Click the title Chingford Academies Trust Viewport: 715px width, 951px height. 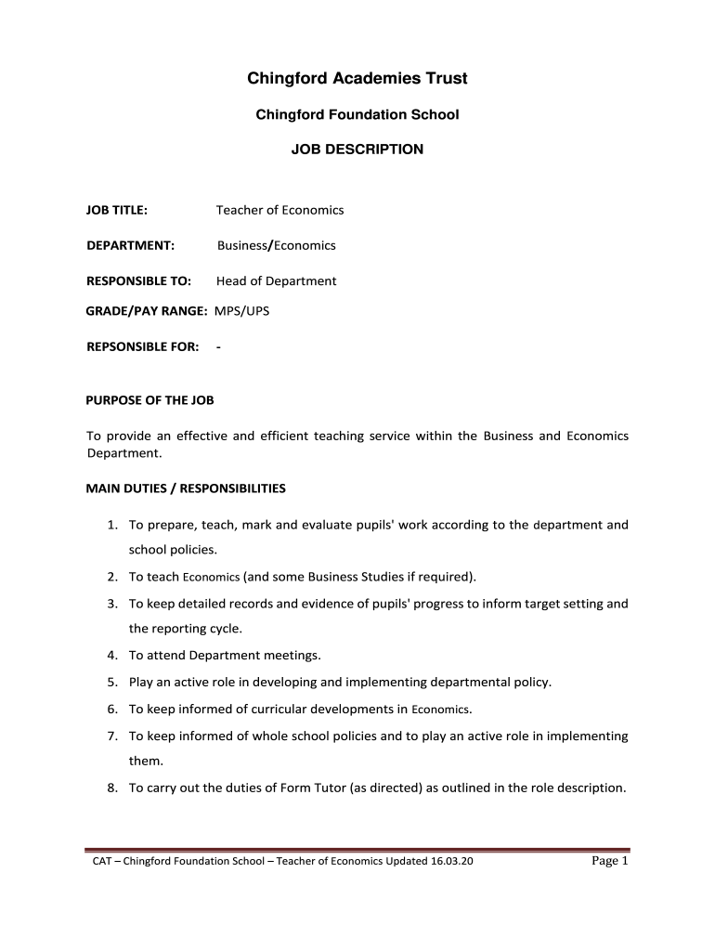click(357, 79)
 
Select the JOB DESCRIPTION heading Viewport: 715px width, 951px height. click(357, 149)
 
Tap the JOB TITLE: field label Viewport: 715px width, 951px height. click(117, 210)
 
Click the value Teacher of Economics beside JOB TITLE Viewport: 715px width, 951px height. click(279, 210)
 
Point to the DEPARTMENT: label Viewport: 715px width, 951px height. click(131, 245)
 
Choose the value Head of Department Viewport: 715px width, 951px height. click(276, 280)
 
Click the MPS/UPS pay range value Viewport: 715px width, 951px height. click(241, 310)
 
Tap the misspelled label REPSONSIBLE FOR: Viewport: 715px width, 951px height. click(142, 346)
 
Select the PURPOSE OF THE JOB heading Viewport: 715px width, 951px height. click(150, 400)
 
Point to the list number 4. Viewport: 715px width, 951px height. click(110, 655)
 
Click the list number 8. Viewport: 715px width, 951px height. click(110, 788)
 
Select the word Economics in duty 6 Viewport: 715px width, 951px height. click(440, 710)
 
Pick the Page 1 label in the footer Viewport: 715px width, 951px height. click(610, 861)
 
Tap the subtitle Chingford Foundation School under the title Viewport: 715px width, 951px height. click(357, 114)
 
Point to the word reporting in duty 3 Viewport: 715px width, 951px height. click(180, 629)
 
